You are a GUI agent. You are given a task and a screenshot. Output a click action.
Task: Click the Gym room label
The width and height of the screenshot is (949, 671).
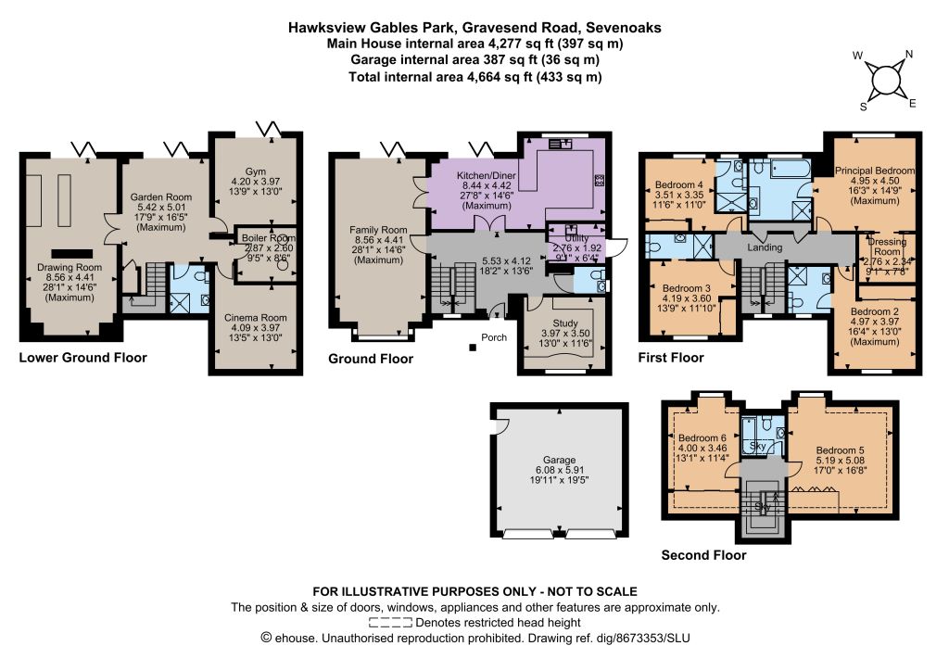point(256,171)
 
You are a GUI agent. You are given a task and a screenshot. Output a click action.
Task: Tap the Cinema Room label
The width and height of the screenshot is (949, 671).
point(256,318)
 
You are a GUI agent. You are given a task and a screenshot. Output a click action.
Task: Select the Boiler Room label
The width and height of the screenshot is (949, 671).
point(269,238)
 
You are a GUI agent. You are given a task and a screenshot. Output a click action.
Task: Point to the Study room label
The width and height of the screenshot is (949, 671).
point(565,323)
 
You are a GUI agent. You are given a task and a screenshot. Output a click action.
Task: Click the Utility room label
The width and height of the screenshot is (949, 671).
point(576,238)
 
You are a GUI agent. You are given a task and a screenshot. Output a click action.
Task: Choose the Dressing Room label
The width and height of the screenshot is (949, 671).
point(887,247)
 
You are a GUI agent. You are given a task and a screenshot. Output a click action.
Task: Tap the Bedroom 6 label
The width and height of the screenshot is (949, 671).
point(702,438)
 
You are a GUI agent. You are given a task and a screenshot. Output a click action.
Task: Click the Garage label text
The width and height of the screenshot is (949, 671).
point(559,460)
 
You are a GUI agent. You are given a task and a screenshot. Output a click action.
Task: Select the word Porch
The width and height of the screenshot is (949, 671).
point(494,337)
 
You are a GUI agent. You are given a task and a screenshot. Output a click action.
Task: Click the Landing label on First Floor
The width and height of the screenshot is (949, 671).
point(765,247)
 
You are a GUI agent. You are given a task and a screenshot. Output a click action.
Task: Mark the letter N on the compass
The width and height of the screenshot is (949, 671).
point(908,55)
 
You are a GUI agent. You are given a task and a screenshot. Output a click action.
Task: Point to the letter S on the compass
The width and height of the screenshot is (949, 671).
point(864,108)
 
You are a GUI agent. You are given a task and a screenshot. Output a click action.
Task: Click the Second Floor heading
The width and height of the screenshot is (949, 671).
point(703,555)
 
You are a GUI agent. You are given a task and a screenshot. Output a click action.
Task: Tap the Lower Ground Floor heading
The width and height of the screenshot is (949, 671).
point(82,358)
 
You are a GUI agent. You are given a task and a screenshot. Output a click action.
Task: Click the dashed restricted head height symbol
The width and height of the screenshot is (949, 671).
point(390,623)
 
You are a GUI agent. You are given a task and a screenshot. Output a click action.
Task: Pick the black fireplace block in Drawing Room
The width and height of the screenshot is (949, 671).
point(72,254)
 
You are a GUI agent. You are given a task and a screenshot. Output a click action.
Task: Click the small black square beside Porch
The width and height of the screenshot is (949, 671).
point(472,348)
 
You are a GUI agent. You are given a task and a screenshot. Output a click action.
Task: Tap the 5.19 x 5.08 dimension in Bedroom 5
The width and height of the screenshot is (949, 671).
point(840,461)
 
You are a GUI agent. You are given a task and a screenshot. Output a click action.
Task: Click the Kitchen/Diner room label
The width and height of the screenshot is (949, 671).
point(487,176)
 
